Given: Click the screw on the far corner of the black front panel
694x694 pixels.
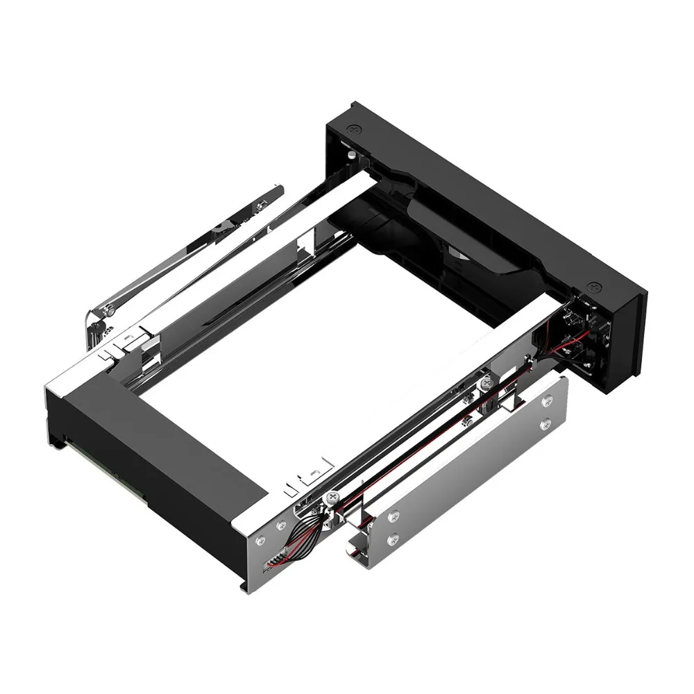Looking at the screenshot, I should tap(355, 129).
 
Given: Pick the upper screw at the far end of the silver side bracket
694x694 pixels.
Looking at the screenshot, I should tap(546, 400).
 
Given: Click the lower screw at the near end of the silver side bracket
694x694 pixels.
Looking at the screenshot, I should tap(395, 536).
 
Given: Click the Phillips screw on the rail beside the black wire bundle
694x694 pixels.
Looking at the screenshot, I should tap(332, 498).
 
